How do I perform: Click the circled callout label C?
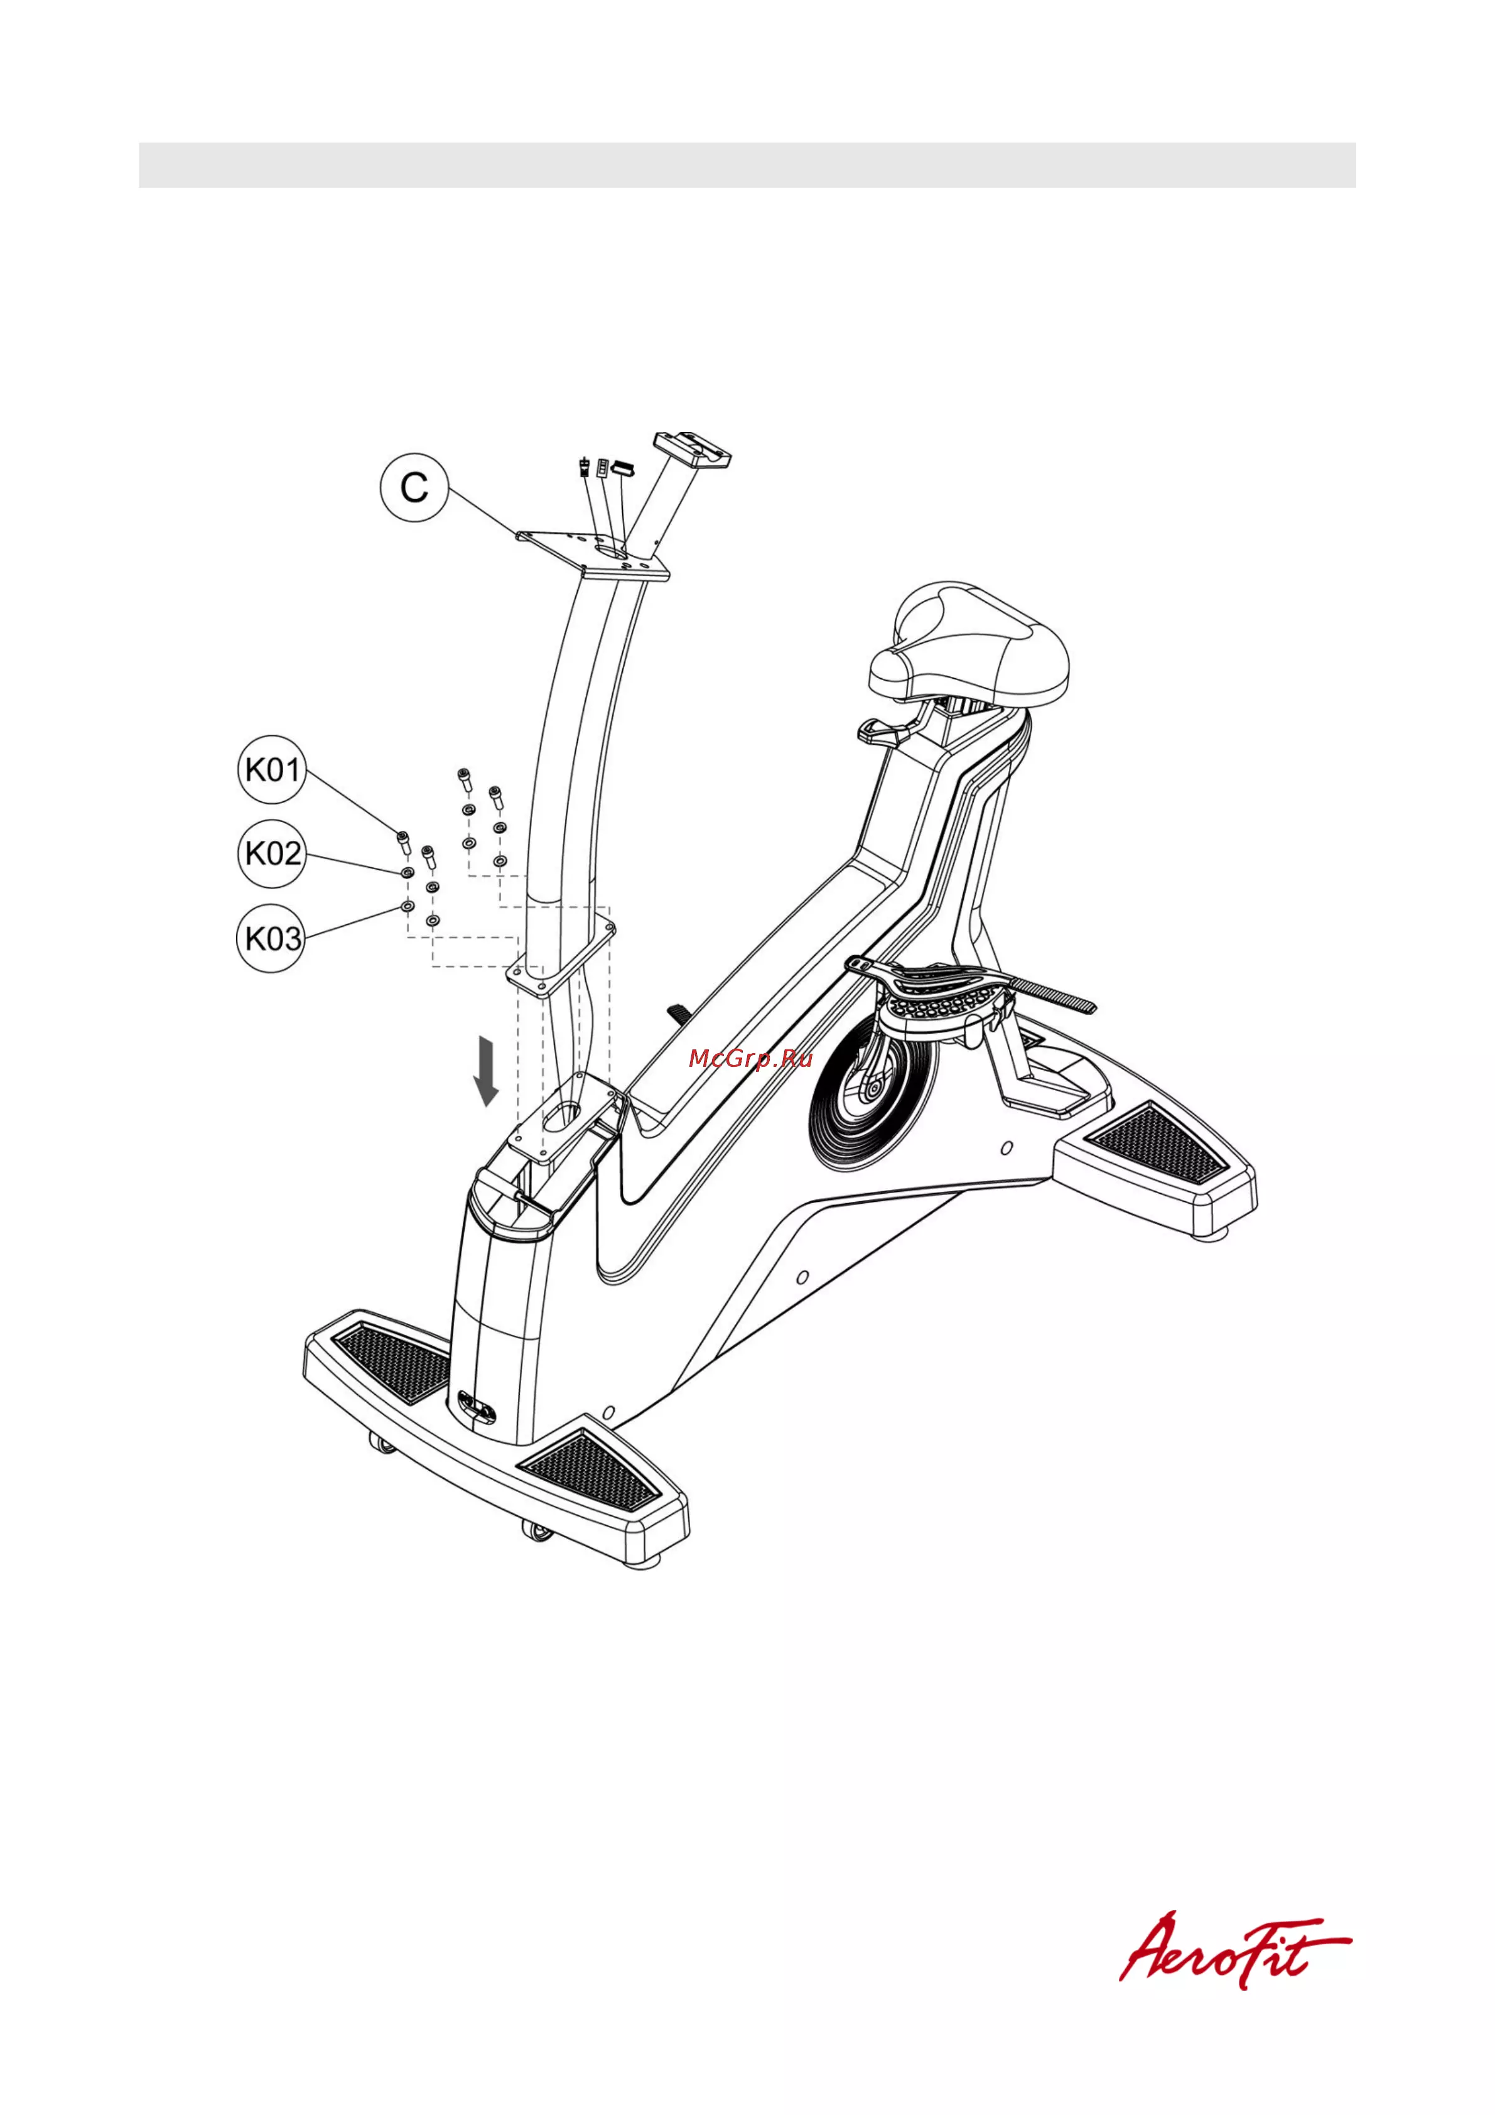point(414,487)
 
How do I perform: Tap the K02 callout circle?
point(272,853)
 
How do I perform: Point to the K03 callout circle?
point(272,939)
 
